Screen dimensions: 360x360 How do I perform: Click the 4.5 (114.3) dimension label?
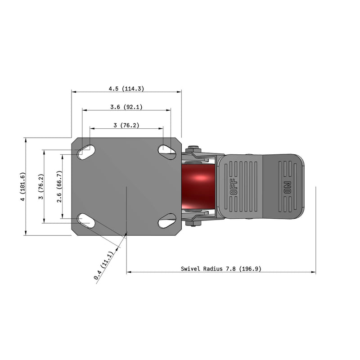[x=126, y=89]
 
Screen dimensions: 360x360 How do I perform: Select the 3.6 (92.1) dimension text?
[x=126, y=107]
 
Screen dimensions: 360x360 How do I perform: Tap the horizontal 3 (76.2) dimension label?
[x=126, y=126]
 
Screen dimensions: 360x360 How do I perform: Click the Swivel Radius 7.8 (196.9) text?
[x=221, y=269]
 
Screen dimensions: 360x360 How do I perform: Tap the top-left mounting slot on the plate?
[x=85, y=152]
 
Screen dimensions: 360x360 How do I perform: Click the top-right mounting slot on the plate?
[x=167, y=152]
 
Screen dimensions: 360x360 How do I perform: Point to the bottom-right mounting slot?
[x=167, y=220]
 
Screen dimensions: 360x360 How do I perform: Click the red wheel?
[x=199, y=186]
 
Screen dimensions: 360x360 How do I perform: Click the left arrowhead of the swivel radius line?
[x=129, y=272]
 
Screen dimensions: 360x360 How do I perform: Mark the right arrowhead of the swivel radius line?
[x=314, y=272]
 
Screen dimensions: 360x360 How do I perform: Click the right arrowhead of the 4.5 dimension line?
[x=179, y=92]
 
